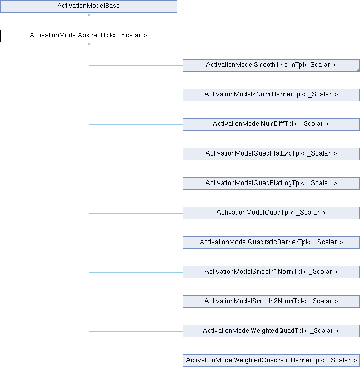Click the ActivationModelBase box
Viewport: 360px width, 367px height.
[x=89, y=6]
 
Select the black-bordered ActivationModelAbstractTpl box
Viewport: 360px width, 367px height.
[x=89, y=36]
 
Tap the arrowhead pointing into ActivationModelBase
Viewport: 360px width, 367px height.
[x=89, y=14]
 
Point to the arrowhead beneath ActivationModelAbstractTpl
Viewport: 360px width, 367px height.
[x=89, y=44]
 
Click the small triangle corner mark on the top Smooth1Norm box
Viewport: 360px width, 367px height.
[x=358, y=70]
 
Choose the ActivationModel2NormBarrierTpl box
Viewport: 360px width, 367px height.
[x=271, y=95]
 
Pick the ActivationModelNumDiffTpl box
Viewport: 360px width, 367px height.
[x=271, y=124]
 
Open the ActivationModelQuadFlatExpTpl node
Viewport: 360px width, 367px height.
[x=271, y=154]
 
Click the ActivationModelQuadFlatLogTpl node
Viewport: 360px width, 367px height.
[x=271, y=183]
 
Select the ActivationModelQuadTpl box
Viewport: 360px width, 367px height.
[x=271, y=213]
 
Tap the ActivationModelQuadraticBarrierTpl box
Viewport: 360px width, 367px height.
[x=271, y=242]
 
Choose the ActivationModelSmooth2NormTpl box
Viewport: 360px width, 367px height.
[x=271, y=301]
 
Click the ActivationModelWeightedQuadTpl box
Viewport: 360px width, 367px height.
[x=271, y=331]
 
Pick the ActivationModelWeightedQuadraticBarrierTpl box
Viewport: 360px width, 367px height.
[x=271, y=360]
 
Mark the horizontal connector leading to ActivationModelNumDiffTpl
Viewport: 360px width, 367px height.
[x=136, y=124]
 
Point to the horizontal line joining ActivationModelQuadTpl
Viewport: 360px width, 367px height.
[x=136, y=213]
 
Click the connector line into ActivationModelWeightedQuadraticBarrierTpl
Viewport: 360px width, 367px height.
[x=136, y=361]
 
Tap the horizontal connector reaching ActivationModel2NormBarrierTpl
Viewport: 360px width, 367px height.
[x=136, y=95]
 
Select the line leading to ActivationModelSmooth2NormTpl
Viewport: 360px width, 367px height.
[x=136, y=302]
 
